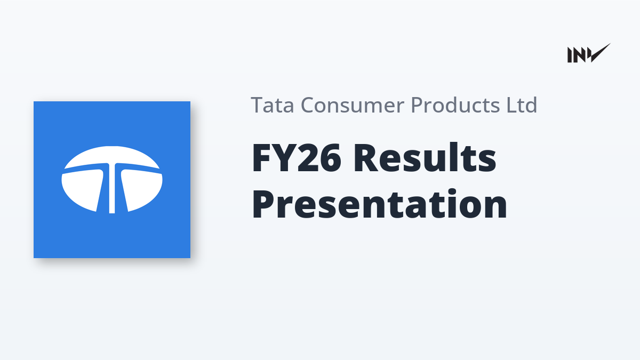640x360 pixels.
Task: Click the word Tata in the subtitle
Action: (273, 105)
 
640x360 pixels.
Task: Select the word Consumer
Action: (353, 105)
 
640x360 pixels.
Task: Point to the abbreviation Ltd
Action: (522, 105)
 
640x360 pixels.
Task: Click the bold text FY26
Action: (297, 158)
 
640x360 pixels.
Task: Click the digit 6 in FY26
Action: (330, 158)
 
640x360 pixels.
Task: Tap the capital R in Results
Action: (366, 158)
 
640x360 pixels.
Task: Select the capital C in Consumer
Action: (308, 105)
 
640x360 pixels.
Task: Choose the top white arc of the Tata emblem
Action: (112, 156)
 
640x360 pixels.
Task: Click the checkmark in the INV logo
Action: (600, 53)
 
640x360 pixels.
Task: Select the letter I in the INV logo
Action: (570, 55)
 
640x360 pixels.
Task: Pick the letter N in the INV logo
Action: (580, 55)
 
